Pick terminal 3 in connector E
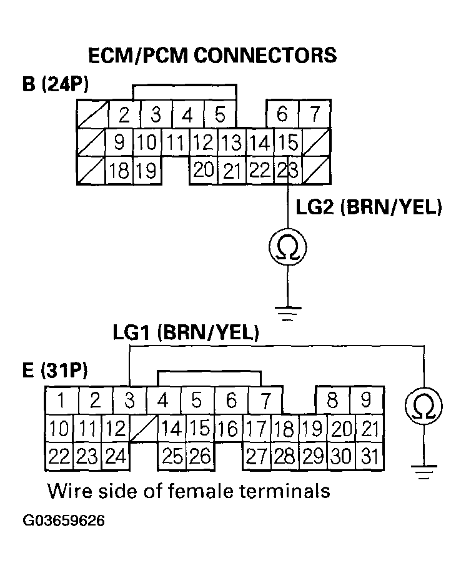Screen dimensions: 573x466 tap(129, 400)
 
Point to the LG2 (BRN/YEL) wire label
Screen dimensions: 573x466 tap(371, 208)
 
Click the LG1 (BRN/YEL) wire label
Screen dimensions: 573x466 tap(186, 332)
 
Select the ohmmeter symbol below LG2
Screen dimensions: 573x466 tap(287, 248)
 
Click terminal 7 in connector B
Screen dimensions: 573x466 tap(316, 114)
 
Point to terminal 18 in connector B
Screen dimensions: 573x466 tap(119, 169)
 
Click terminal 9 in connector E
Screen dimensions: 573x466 tap(366, 400)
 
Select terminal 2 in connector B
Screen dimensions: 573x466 tap(124, 114)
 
